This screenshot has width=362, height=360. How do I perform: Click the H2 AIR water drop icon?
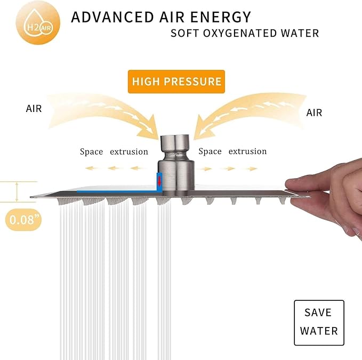(38, 22)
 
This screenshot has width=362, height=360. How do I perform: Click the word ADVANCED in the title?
(112, 17)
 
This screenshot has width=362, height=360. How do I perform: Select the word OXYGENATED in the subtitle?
(239, 33)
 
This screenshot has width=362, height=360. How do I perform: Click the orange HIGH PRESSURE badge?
(176, 82)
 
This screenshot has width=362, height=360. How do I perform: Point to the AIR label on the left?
(34, 108)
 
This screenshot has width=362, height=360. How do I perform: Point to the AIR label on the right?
(314, 113)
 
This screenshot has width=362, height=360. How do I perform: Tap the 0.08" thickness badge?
(23, 220)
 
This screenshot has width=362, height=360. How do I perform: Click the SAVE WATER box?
(319, 323)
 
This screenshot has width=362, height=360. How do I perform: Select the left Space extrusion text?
(114, 151)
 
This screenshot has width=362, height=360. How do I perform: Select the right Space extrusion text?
(232, 151)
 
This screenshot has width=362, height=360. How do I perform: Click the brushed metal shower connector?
(176, 163)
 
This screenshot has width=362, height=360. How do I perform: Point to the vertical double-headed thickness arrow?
(17, 192)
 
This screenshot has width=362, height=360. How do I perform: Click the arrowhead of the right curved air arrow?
(202, 129)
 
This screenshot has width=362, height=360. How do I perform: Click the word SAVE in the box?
(318, 313)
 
